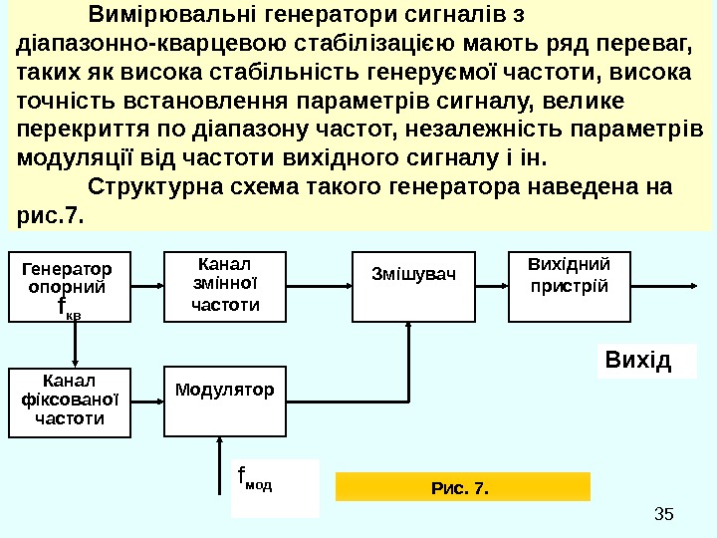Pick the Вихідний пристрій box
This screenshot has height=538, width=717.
[570, 286]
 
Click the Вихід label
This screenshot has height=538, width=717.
[647, 360]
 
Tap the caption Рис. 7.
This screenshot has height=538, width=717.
[462, 487]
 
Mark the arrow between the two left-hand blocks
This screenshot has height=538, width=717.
[76, 345]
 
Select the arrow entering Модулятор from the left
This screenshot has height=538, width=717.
[148, 402]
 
